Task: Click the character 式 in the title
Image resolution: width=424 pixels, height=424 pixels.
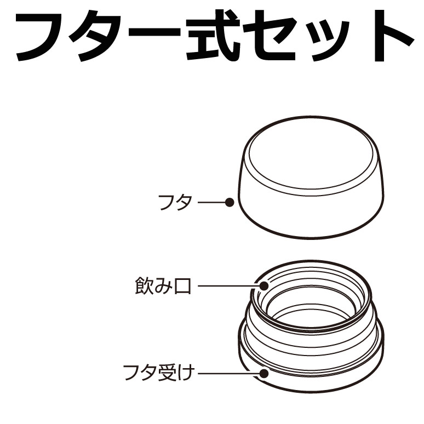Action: click(213, 35)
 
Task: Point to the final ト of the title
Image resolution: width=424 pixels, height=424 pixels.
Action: click(393, 35)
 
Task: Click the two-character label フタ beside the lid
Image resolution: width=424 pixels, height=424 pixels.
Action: click(175, 202)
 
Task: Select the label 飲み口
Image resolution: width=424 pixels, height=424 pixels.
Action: click(163, 285)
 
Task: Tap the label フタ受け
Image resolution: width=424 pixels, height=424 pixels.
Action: click(159, 373)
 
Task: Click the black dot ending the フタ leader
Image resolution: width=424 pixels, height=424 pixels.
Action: click(230, 202)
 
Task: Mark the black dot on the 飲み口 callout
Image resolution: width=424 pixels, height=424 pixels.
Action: click(264, 285)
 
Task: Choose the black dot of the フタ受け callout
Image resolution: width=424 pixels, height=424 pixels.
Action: click(263, 373)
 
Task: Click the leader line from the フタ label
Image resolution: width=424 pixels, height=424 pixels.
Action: click(212, 202)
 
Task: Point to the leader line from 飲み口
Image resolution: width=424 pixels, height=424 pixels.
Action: click(229, 285)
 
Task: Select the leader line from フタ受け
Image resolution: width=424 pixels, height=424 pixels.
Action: click(229, 373)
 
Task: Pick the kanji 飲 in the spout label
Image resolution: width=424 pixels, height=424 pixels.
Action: click(144, 285)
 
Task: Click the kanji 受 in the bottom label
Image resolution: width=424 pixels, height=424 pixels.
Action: click(167, 373)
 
